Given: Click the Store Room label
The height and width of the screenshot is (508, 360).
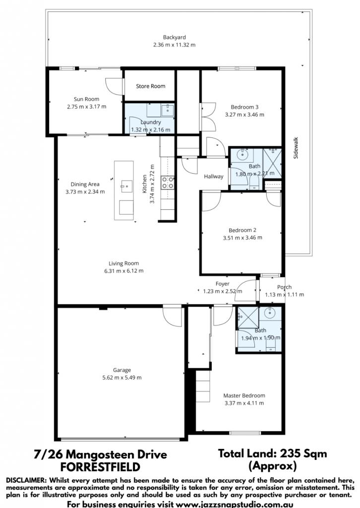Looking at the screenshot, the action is (x=151, y=86).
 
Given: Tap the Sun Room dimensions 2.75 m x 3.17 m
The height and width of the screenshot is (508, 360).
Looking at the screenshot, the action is (x=86, y=107).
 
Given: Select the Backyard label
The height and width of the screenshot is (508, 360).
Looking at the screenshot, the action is (x=174, y=37).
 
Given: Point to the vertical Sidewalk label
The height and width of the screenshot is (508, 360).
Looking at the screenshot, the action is (x=296, y=148).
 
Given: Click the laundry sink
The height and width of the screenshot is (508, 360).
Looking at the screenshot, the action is (x=168, y=110).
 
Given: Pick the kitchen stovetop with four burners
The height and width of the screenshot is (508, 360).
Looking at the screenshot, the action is (x=168, y=182).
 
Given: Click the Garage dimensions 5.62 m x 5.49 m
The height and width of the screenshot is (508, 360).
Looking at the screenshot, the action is (x=122, y=378).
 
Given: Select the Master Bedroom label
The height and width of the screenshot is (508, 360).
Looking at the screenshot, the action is (x=244, y=395).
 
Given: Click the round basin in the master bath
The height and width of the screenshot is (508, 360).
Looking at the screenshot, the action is (x=270, y=314).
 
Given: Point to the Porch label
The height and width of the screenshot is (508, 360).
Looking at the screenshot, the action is (x=284, y=287).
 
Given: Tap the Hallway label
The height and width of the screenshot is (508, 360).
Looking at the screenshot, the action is (x=214, y=177).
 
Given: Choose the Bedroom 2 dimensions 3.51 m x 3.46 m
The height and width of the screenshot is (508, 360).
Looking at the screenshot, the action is (x=242, y=238).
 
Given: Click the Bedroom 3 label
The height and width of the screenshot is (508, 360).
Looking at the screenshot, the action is (x=244, y=107).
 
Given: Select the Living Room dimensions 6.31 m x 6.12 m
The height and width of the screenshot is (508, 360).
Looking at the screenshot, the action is (x=123, y=271).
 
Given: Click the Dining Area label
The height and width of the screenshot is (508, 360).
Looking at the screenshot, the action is (x=85, y=185).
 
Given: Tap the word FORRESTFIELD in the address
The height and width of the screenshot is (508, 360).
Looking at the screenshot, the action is (x=100, y=467).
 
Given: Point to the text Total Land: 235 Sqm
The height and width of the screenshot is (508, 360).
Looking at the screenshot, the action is (x=272, y=453).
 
